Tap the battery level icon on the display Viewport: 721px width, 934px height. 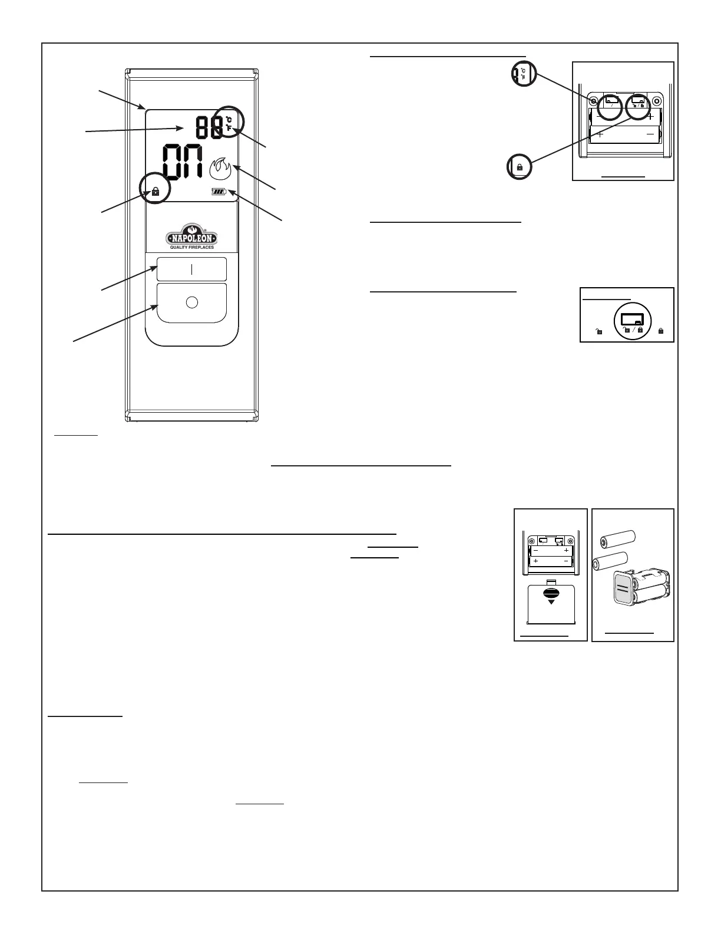[x=219, y=191]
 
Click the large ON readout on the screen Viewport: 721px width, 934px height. [x=183, y=162]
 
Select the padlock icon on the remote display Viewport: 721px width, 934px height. [x=156, y=191]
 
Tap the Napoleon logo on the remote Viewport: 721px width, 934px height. [x=191, y=236]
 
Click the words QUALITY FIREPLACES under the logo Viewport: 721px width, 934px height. [x=191, y=248]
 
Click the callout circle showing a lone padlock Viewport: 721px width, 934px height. [x=520, y=167]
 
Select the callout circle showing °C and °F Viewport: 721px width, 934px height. [x=524, y=73]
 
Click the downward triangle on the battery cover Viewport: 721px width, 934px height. [x=551, y=603]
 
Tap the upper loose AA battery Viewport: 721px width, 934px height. [x=617, y=538]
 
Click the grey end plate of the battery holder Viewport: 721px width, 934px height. [x=621, y=588]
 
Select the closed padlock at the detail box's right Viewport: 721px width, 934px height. [x=661, y=331]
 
